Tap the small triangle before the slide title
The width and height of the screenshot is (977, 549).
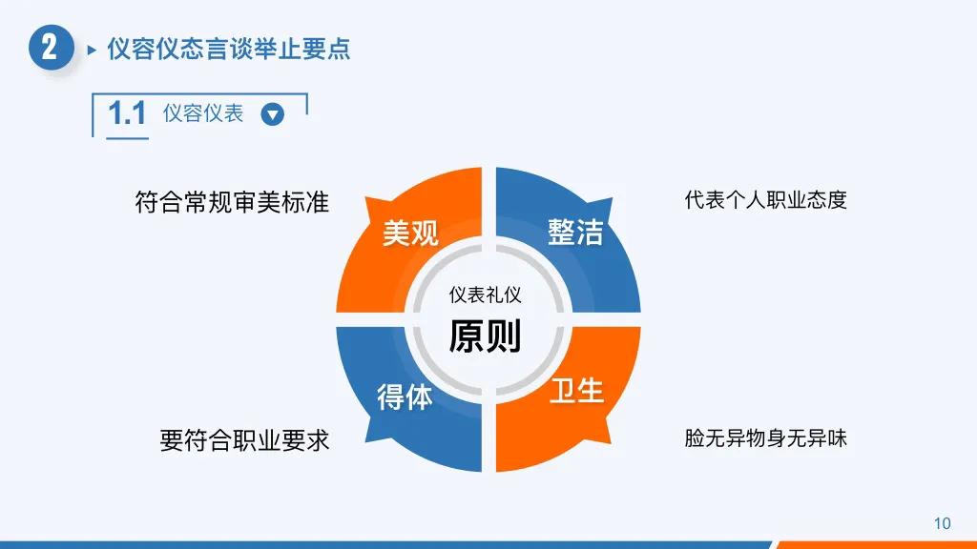[92, 50]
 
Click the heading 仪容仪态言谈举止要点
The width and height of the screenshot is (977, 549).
[229, 49]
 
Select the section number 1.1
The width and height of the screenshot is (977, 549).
[127, 114]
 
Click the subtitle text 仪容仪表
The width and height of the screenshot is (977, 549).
[203, 113]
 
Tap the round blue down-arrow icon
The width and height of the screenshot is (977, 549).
[273, 114]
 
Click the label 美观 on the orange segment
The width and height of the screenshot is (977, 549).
[410, 234]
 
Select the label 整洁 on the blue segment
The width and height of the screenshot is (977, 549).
[575, 232]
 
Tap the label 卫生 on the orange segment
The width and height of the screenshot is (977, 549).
[576, 390]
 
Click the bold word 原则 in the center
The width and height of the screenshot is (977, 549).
[485, 335]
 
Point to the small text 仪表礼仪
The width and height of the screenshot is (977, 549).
[485, 295]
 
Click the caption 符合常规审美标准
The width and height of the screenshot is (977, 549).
[232, 202]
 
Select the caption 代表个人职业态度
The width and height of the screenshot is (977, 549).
[765, 200]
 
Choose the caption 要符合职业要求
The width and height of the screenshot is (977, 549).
[244, 440]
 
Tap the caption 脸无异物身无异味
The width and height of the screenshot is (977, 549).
[765, 438]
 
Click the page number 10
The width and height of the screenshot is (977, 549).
[942, 523]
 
